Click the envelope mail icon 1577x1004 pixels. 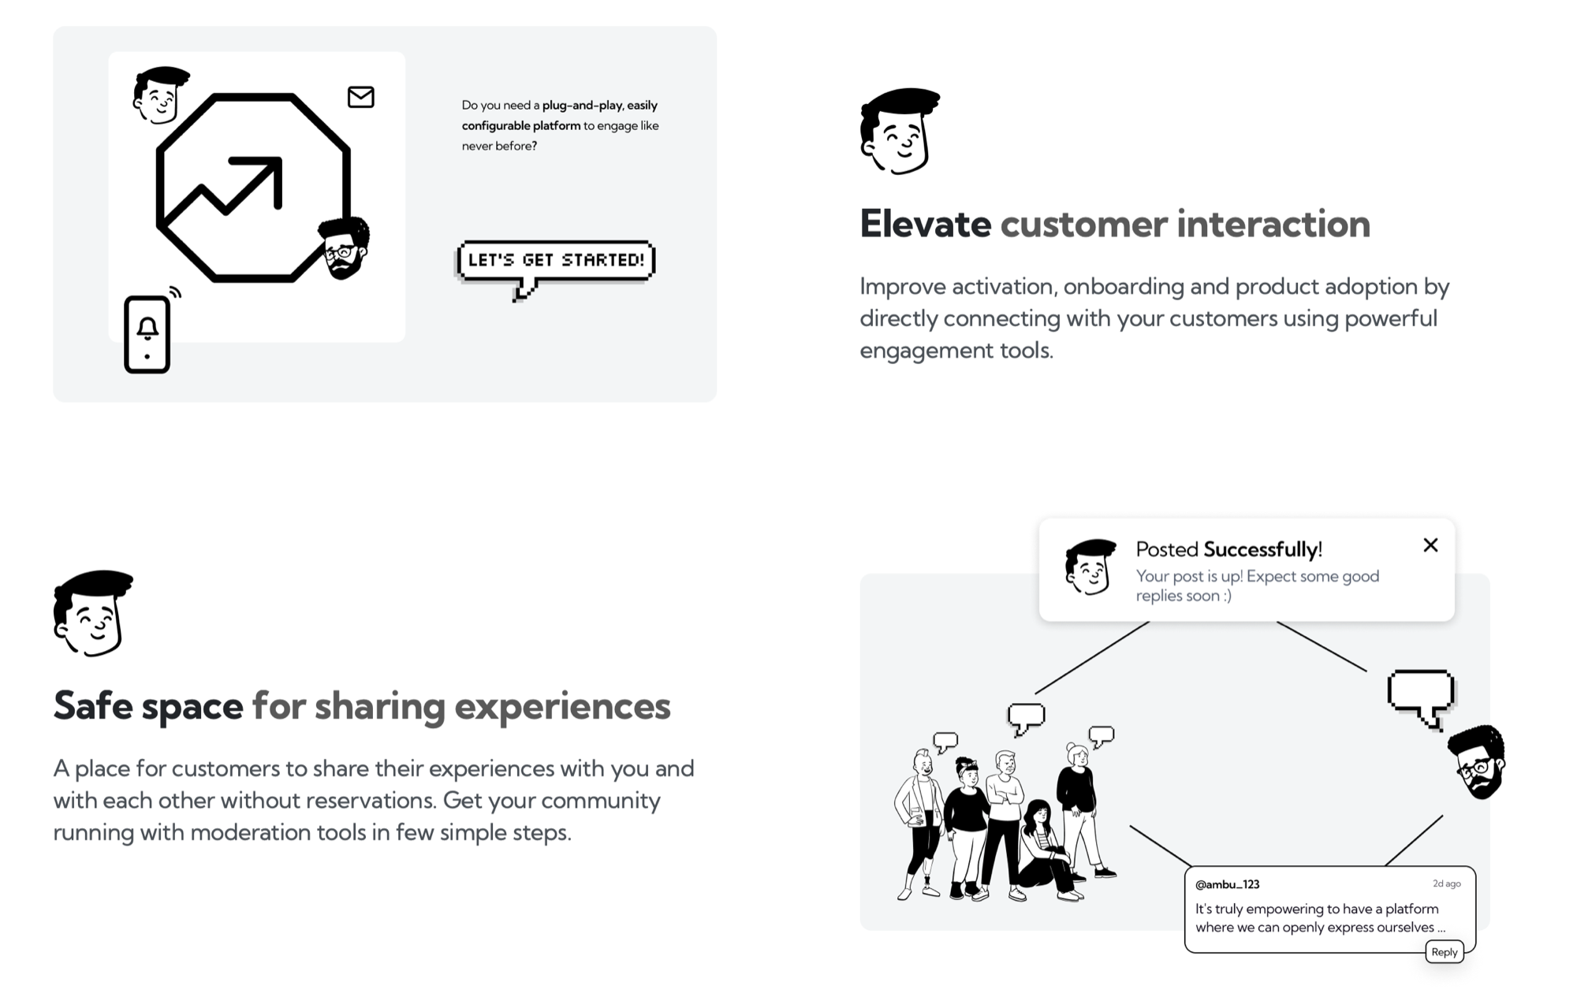click(361, 97)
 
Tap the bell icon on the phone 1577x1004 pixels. click(147, 328)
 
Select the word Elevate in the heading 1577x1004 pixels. click(925, 224)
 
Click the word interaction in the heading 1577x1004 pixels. click(1273, 224)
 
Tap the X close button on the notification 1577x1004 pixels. click(1430, 545)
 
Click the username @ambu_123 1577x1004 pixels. click(1227, 884)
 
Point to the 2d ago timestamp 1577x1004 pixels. click(1447, 883)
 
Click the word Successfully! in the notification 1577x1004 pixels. click(1262, 549)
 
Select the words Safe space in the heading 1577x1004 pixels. click(148, 705)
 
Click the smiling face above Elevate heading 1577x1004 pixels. click(900, 131)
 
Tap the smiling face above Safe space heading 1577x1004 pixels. click(93, 613)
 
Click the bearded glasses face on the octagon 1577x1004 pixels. click(344, 247)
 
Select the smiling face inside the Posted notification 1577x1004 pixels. click(1090, 567)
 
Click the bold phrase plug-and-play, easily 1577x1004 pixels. click(600, 106)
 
